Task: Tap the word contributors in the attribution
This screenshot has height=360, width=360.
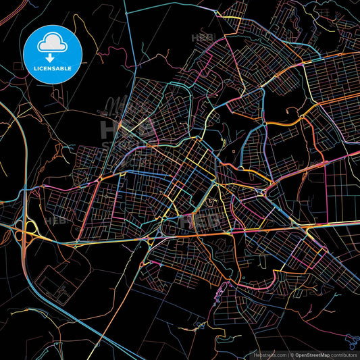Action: [x=345, y=355]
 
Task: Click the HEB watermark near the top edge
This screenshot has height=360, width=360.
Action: [x=203, y=38]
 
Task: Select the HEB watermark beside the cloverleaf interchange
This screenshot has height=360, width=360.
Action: [x=54, y=220]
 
